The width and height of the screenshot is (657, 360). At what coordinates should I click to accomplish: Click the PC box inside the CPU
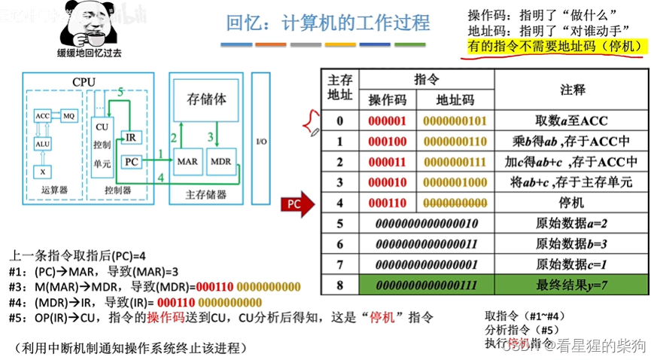(131, 161)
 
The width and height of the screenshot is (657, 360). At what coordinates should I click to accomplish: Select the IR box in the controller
(131, 137)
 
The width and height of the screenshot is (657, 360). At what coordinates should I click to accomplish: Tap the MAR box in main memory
(187, 161)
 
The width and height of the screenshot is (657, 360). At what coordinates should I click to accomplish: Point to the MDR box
(221, 161)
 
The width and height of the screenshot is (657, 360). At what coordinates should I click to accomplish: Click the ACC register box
(42, 116)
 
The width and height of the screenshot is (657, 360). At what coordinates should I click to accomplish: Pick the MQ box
(68, 116)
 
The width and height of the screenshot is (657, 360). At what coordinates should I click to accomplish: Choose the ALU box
(42, 144)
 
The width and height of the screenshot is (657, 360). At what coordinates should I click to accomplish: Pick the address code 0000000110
(455, 142)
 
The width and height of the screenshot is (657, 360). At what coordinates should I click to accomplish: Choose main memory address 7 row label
(339, 264)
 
